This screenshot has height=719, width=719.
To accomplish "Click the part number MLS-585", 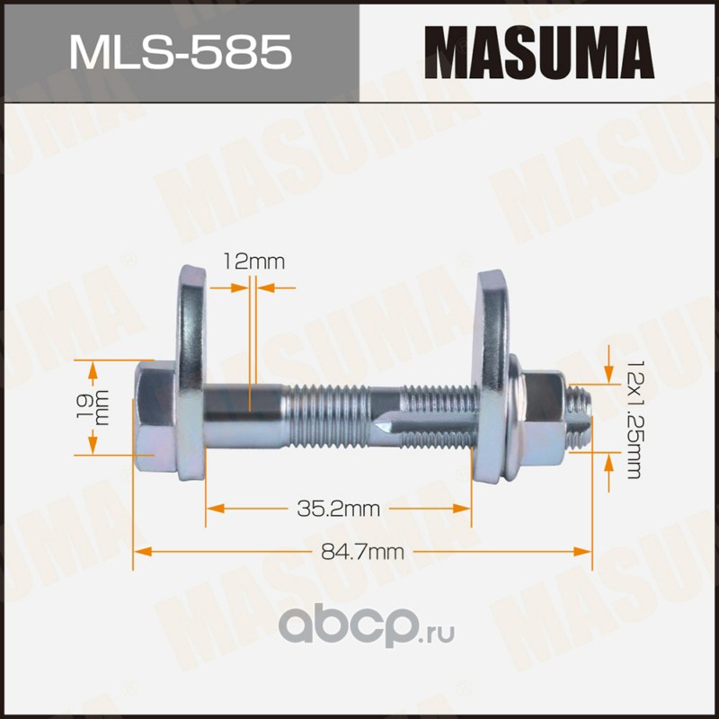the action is pos(181,52).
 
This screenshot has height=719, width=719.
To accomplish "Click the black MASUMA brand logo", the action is pos(538,52).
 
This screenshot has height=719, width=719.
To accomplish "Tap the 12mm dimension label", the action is pos(253,262).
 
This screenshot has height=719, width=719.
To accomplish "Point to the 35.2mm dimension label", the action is pos(339,509).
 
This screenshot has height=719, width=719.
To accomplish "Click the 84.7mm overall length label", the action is pos(362,552).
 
